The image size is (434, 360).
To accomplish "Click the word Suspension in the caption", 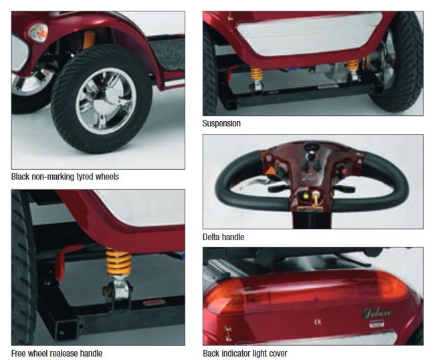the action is (221, 124).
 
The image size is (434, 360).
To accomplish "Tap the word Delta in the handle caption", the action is (211, 237).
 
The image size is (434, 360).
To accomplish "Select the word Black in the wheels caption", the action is (20, 177).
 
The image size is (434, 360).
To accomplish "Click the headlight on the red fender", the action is (38, 32).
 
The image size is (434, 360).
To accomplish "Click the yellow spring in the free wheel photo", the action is (119, 262).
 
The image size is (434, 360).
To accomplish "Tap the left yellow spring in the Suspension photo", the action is (257, 74).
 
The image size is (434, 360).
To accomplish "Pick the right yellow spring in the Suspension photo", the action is (353, 66).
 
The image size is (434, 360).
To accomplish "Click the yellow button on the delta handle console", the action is (306, 196).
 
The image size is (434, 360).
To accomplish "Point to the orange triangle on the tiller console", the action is (269, 170).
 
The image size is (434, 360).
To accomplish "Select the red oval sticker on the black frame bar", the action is (154, 302).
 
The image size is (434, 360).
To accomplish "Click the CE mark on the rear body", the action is (318, 322).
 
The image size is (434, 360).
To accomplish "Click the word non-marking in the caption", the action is (53, 177).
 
